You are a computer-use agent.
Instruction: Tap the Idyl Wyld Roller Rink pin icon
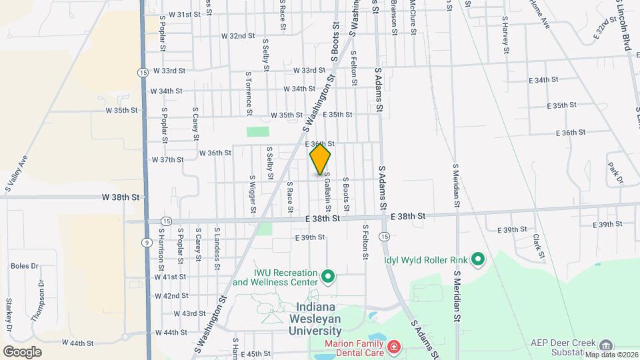tap(477, 259)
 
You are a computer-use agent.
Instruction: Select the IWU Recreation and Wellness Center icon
tap(327, 275)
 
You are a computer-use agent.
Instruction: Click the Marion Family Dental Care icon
tap(393, 347)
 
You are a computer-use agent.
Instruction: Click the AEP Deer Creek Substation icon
tap(606, 345)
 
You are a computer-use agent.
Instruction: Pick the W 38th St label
tap(121, 197)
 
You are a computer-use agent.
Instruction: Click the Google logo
tap(22, 351)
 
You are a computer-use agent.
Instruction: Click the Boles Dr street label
tap(24, 266)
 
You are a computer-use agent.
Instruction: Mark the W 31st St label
tap(184, 14)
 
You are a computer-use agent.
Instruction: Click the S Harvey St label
tap(506, 35)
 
